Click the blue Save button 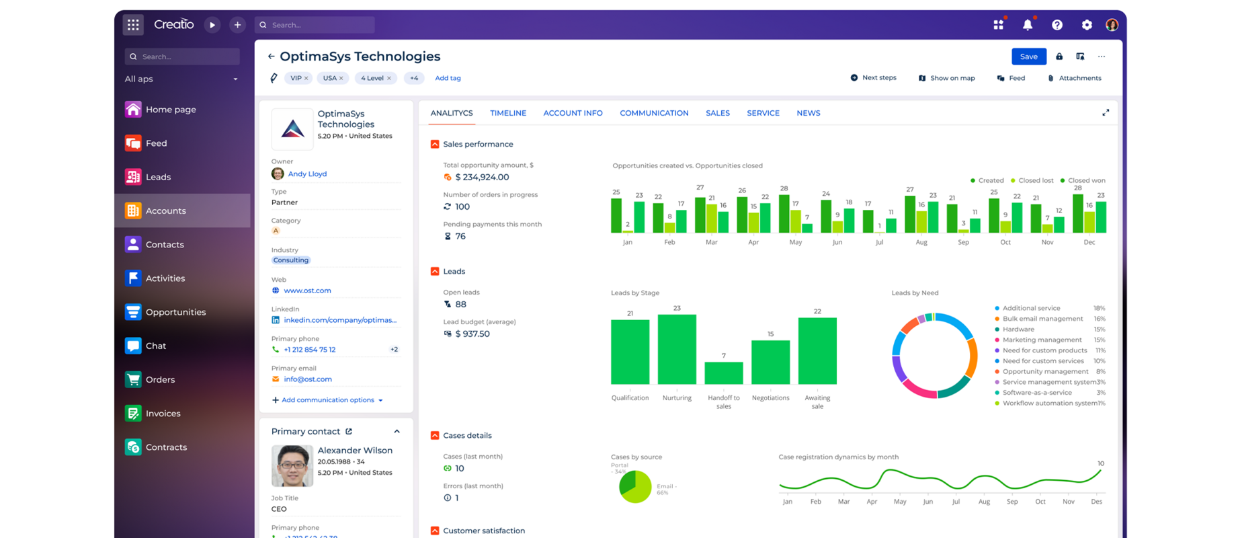[x=1028, y=56]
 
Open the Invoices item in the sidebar [x=163, y=414]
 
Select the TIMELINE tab [x=507, y=113]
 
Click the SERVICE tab [x=763, y=113]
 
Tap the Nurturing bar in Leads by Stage [x=677, y=350]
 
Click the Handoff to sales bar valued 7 [x=723, y=373]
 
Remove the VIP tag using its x [x=306, y=78]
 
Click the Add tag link [x=448, y=78]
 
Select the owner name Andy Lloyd [x=307, y=174]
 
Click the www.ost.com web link [x=307, y=291]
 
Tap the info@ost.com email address [x=308, y=379]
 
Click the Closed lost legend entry [x=1035, y=180]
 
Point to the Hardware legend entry [x=1018, y=330]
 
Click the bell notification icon [x=1027, y=25]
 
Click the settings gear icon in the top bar [x=1087, y=25]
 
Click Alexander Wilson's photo [x=292, y=466]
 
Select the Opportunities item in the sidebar [x=175, y=312]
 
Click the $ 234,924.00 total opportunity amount [x=482, y=177]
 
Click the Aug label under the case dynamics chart [x=984, y=502]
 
